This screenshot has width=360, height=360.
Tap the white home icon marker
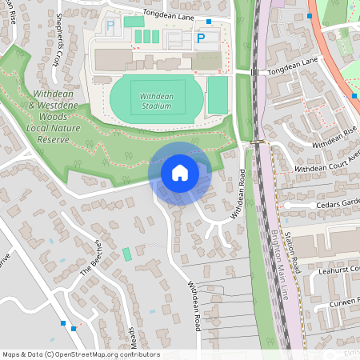coord(180,172)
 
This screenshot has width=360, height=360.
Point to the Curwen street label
coord(346,304)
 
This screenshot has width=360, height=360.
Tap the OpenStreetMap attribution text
coord(80,354)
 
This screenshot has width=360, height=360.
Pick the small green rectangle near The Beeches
coord(126,254)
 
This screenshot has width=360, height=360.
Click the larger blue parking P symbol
coord(201,38)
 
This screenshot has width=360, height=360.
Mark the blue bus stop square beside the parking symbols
coord(210,22)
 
